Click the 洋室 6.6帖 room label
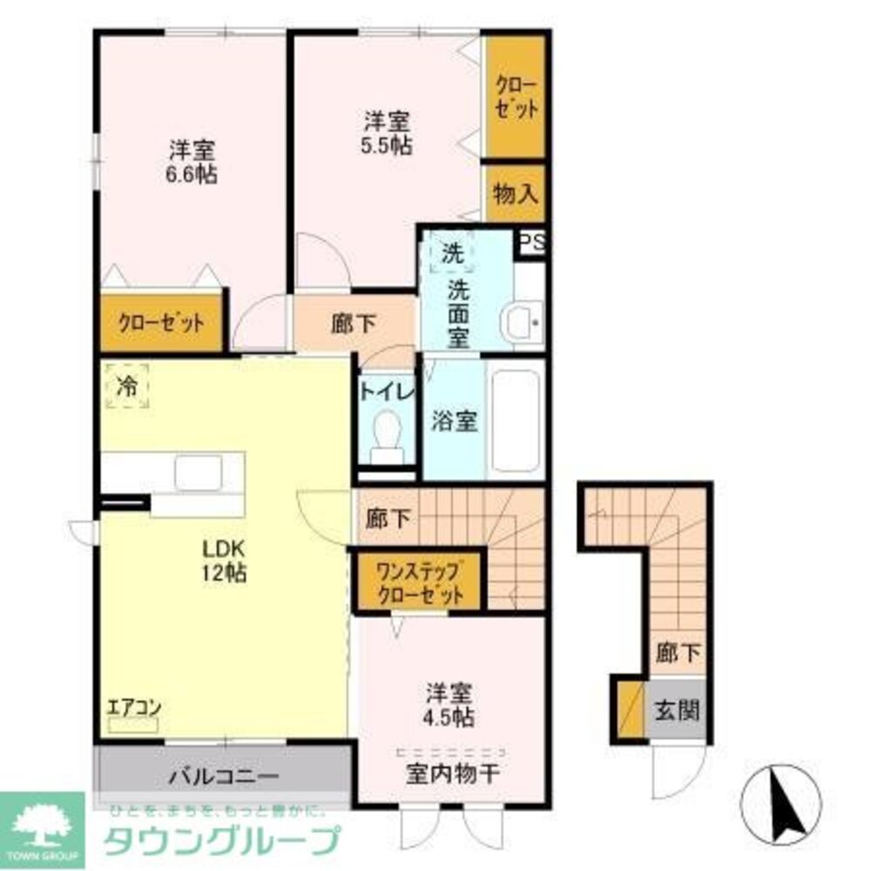[x=192, y=162]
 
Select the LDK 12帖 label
[x=226, y=562]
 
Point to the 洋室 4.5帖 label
[x=449, y=706]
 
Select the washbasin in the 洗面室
[x=523, y=321]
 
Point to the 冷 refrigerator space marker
[x=127, y=386]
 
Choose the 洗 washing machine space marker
[x=451, y=253]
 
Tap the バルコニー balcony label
[x=223, y=775]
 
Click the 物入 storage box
[x=516, y=193]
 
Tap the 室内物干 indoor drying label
[x=451, y=773]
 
